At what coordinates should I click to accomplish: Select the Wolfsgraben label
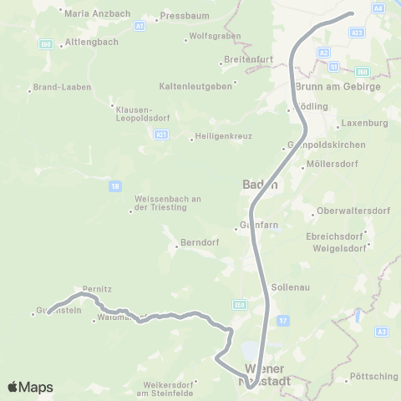tap(215, 36)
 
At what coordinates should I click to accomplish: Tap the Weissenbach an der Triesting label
tap(169, 204)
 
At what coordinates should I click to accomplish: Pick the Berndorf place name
tap(199, 244)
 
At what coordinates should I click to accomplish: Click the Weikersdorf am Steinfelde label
tap(170, 388)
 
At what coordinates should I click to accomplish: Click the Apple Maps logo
tap(30, 386)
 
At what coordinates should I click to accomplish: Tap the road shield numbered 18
tap(114, 186)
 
